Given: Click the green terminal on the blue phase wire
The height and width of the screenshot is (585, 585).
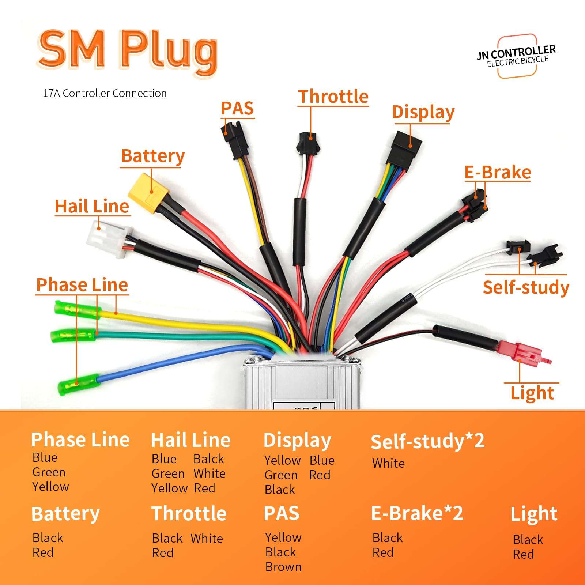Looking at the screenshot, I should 79,384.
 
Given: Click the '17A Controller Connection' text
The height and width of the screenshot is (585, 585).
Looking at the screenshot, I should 105,93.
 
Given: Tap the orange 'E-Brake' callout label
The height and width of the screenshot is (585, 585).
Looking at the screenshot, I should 497,173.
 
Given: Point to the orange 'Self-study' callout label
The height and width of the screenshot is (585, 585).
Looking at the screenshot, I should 526,287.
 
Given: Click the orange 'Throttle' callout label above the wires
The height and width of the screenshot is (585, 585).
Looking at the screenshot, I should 333,97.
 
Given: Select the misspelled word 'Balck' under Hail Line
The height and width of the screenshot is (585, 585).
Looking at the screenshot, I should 208,459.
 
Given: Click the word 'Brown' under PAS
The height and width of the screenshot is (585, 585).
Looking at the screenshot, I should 283,567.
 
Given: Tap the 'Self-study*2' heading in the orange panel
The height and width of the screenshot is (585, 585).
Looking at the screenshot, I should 427,441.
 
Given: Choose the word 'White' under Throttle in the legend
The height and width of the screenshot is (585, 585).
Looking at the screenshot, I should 207,539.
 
